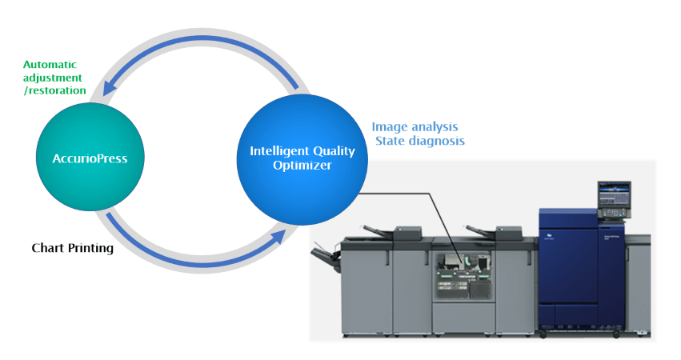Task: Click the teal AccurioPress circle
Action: point(90,158)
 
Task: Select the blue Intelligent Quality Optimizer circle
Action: point(302,159)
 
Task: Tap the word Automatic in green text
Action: point(50,65)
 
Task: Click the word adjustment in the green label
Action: point(53,78)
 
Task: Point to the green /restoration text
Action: point(55,90)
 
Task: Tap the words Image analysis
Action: point(415,127)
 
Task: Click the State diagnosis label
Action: point(420,141)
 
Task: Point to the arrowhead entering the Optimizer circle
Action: point(278,238)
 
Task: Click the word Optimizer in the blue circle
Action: point(302,166)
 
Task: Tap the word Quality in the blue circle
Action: point(334,151)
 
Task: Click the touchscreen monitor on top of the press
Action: point(614,194)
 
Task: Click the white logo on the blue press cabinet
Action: point(550,237)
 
